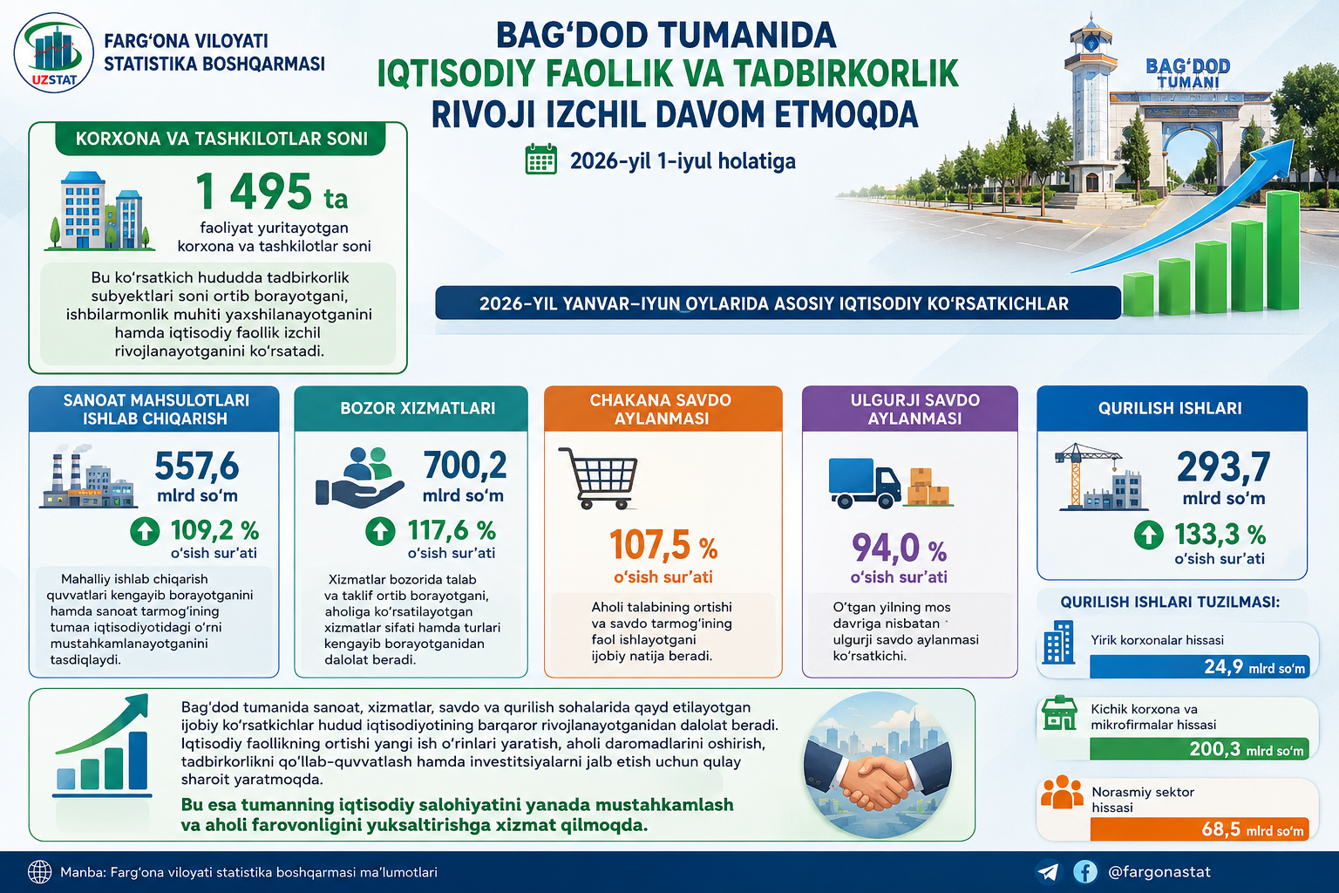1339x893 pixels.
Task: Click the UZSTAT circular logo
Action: coord(54,53)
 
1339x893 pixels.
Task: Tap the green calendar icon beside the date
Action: coord(541,159)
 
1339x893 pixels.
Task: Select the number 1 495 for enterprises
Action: coord(254,191)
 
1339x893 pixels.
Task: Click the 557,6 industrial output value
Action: coord(197,466)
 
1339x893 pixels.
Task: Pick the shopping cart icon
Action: coord(598,479)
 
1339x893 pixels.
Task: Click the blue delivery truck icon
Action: coord(865,483)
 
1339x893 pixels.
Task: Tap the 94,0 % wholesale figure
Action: coord(899,548)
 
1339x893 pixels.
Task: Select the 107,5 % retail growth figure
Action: coord(663,545)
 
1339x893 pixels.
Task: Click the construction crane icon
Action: coord(1088,476)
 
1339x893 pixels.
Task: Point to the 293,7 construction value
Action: coord(1224,467)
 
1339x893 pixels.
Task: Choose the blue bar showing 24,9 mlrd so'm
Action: coord(1200,666)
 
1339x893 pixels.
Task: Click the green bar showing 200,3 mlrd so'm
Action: coord(1200,749)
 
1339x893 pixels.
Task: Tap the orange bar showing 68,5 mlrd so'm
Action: coord(1200,829)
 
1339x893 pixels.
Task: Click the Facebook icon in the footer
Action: coord(1085,872)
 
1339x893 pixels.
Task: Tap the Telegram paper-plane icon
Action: coord(1047,872)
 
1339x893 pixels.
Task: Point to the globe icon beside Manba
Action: coord(39,872)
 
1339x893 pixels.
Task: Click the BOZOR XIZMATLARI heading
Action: coord(418,408)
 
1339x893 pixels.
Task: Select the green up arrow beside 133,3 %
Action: coord(1148,535)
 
